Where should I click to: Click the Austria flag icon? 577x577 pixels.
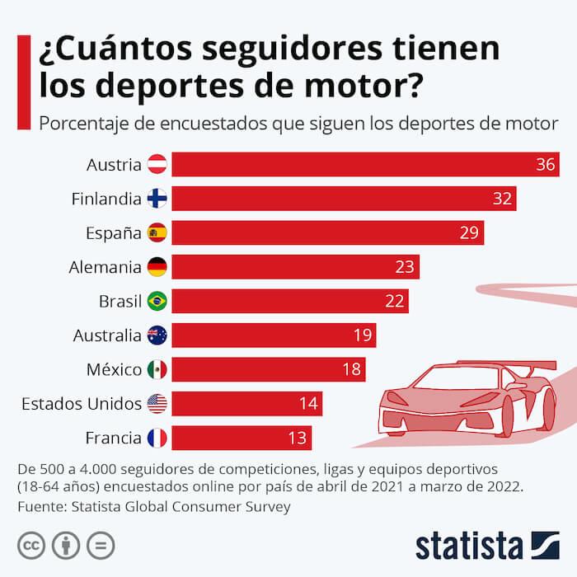[x=157, y=165]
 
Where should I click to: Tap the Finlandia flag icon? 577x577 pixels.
[x=157, y=199]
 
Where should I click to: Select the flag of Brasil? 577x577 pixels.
[x=157, y=302]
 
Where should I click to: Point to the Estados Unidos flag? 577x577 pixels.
[x=157, y=404]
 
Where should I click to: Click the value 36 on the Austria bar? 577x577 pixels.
[x=545, y=165]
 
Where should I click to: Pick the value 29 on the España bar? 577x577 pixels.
[x=469, y=233]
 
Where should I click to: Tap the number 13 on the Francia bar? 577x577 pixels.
[x=298, y=438]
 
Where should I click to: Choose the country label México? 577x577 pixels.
[x=114, y=369]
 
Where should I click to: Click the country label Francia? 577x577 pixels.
[x=114, y=438]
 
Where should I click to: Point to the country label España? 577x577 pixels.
[x=114, y=233]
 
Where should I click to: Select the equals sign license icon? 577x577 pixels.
[x=101, y=545]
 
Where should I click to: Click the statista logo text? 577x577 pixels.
[x=469, y=545]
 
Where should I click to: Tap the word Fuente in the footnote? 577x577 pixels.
[x=42, y=507]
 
